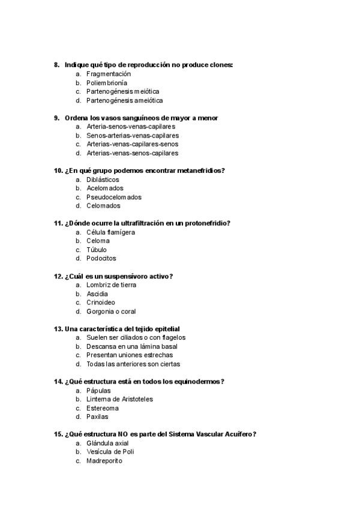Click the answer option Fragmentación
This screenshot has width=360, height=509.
[109, 74]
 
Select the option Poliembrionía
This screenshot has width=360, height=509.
[107, 83]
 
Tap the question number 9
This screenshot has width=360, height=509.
[56, 118]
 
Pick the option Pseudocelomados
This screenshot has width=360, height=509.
[114, 197]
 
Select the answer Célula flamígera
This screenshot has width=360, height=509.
[110, 232]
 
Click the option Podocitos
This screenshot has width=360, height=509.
[101, 259]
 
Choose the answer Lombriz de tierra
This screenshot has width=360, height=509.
[111, 285]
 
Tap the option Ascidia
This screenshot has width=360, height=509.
[97, 294]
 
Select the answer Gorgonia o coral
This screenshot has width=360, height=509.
[111, 312]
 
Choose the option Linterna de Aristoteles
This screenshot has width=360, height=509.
[119, 399]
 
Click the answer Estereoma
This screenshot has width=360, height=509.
[102, 408]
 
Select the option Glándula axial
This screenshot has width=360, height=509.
[107, 444]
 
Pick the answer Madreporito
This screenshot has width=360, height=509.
[105, 461]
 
